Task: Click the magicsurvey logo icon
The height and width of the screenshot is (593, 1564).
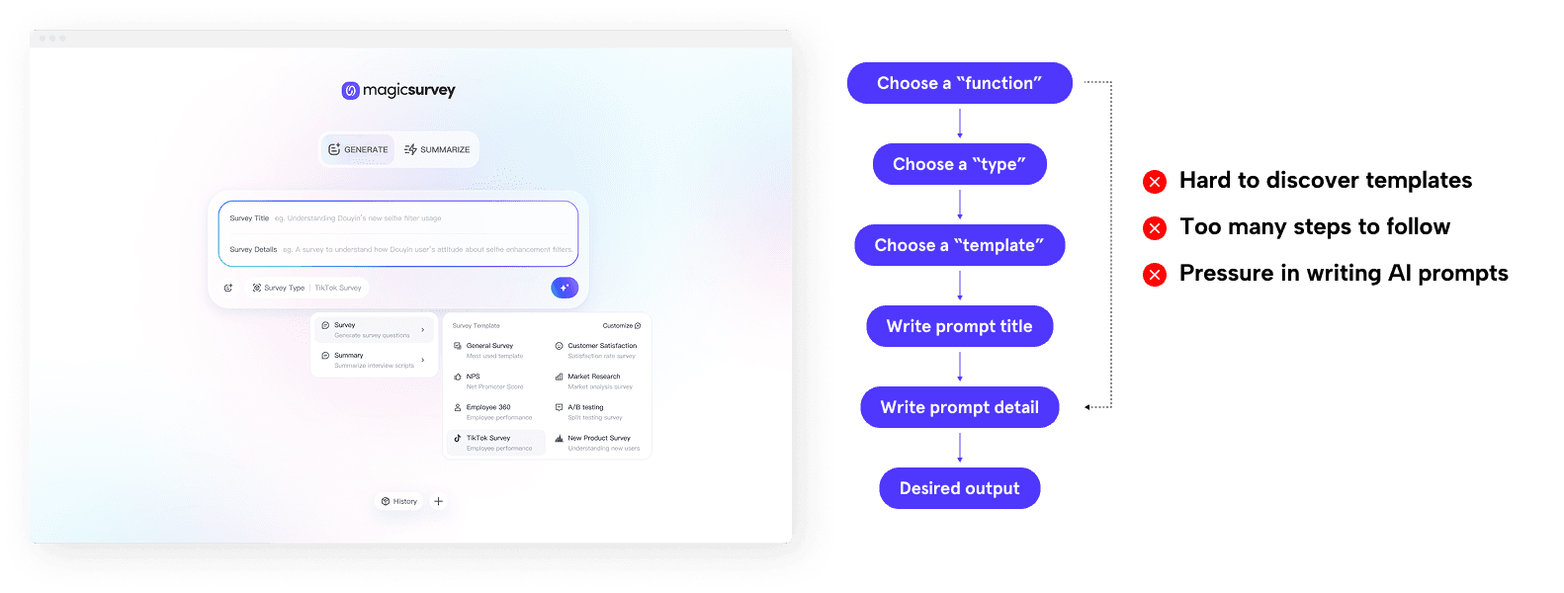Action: [350, 91]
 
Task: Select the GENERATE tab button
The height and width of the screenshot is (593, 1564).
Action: [358, 149]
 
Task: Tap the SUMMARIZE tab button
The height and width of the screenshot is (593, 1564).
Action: [437, 149]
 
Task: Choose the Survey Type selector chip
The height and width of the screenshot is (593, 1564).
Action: [306, 288]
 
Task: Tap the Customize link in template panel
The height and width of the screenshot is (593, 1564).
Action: [622, 325]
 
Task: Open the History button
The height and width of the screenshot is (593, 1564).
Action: [399, 501]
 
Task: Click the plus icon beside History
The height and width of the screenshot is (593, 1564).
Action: [439, 501]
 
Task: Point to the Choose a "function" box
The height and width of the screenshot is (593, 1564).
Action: [959, 83]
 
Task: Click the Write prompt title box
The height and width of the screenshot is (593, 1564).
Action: [959, 326]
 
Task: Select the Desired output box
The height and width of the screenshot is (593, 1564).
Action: [959, 488]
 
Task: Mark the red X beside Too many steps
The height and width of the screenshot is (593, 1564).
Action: [1154, 228]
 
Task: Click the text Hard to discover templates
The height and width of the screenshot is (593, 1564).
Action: [1325, 180]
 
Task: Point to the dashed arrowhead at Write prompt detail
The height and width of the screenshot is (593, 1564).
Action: [1087, 407]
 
